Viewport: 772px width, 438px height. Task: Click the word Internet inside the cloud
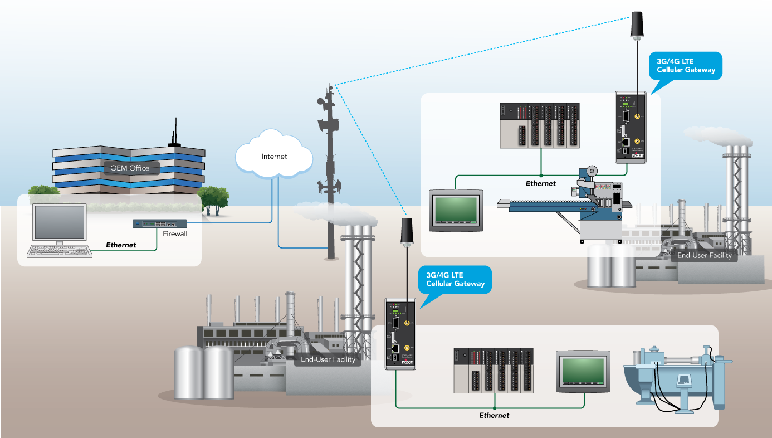pos(274,157)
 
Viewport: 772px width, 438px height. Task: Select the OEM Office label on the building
pos(130,168)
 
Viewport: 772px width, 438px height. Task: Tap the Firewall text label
pos(175,233)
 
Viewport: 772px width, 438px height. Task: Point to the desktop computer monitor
pos(60,222)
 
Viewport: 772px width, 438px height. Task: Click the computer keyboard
pos(60,251)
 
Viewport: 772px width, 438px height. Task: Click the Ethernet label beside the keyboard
pos(121,245)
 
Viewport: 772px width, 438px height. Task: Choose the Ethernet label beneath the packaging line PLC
pos(540,183)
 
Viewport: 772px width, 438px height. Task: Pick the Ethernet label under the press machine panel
pos(494,415)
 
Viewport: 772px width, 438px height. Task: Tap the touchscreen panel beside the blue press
pos(583,371)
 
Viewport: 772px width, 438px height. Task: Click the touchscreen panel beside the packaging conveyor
pos(456,210)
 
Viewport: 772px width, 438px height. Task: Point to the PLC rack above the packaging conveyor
pos(540,126)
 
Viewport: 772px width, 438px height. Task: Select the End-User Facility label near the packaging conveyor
pos(704,256)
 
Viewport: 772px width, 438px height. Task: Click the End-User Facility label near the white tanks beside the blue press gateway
pos(328,359)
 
